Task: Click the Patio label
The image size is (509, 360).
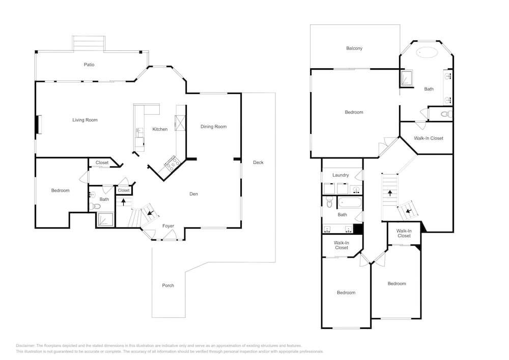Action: click(89, 65)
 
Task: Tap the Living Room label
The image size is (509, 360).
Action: click(84, 120)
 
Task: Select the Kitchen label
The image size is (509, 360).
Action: click(160, 129)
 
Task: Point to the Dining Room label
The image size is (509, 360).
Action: click(213, 127)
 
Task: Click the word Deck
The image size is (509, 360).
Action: click(258, 162)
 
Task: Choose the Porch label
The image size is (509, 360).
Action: click(168, 285)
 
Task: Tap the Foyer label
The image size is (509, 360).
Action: click(168, 226)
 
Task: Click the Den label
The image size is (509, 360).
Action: click(193, 194)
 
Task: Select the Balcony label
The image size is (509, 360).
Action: click(354, 48)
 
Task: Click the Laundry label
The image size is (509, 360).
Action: click(341, 175)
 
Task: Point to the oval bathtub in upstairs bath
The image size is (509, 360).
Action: click(427, 52)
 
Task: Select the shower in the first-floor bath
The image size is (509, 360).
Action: click(105, 220)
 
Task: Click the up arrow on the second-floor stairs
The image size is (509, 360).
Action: click(390, 193)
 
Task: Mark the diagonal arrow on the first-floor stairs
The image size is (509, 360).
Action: click(150, 213)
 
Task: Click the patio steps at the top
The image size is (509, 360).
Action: click(89, 43)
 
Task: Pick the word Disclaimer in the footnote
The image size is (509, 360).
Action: click(25, 345)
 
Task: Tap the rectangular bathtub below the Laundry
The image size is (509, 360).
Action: click(350, 203)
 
